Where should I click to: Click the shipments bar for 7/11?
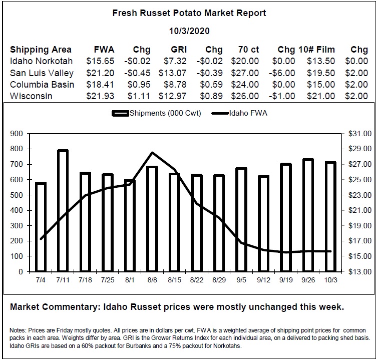[x=63, y=211]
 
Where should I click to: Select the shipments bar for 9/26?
[x=308, y=215]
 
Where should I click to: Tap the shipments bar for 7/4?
[x=41, y=227]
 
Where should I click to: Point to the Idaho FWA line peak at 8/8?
[x=152, y=152]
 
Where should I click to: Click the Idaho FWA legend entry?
[x=239, y=113]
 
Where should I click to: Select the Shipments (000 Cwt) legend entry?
[x=156, y=113]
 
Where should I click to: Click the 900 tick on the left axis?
[x=17, y=134]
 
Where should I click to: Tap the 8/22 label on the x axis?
[x=197, y=280]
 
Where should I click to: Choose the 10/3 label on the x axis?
[x=330, y=280]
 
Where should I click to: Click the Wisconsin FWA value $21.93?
[x=100, y=96]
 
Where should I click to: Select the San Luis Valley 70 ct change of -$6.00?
[x=282, y=73]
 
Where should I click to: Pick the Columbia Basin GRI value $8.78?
[x=175, y=85]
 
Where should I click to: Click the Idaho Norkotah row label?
[x=41, y=61]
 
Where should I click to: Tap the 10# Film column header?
[x=316, y=50]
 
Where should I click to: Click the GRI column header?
[x=179, y=50]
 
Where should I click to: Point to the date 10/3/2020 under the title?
[x=189, y=31]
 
